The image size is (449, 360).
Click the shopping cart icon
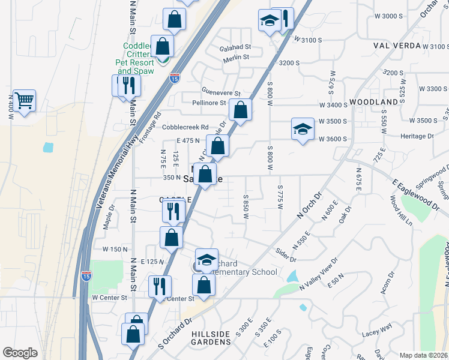(x=25, y=100)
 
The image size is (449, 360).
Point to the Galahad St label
(x=235, y=47)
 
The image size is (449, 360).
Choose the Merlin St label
(x=234, y=57)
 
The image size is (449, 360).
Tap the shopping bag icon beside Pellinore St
(x=240, y=110)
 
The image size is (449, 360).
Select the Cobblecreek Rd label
(x=188, y=127)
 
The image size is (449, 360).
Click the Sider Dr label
(x=286, y=254)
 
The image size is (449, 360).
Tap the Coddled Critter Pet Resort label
(x=139, y=58)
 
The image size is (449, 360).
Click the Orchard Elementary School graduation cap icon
(x=206, y=259)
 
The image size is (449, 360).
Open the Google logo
(x=20, y=353)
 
